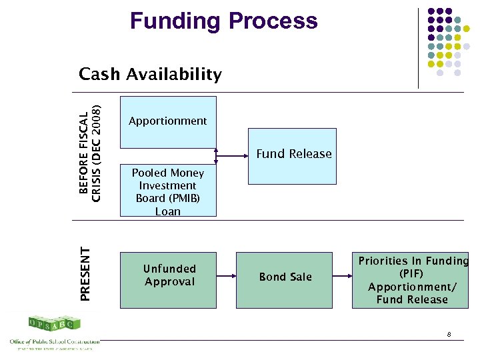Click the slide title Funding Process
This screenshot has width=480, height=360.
click(x=223, y=21)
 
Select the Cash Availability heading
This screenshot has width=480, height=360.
click(x=150, y=74)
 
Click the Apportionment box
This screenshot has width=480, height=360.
click(x=168, y=121)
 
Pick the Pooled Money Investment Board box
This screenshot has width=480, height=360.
click(x=168, y=191)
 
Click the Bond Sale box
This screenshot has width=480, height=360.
click(x=285, y=280)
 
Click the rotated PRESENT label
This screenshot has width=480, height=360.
click(x=85, y=273)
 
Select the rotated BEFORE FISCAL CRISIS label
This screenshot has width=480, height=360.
click(x=90, y=154)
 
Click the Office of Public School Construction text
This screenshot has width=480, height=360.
click(x=53, y=341)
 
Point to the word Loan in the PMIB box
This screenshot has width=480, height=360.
click(x=168, y=211)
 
